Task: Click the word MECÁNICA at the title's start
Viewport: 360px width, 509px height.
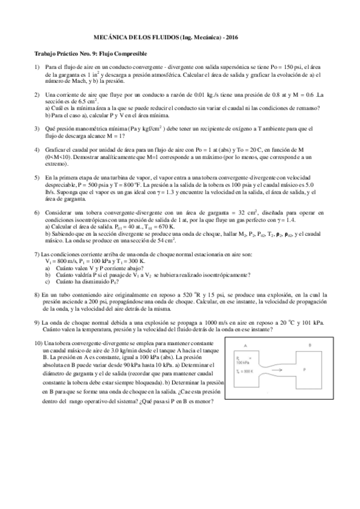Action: coord(113,37)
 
